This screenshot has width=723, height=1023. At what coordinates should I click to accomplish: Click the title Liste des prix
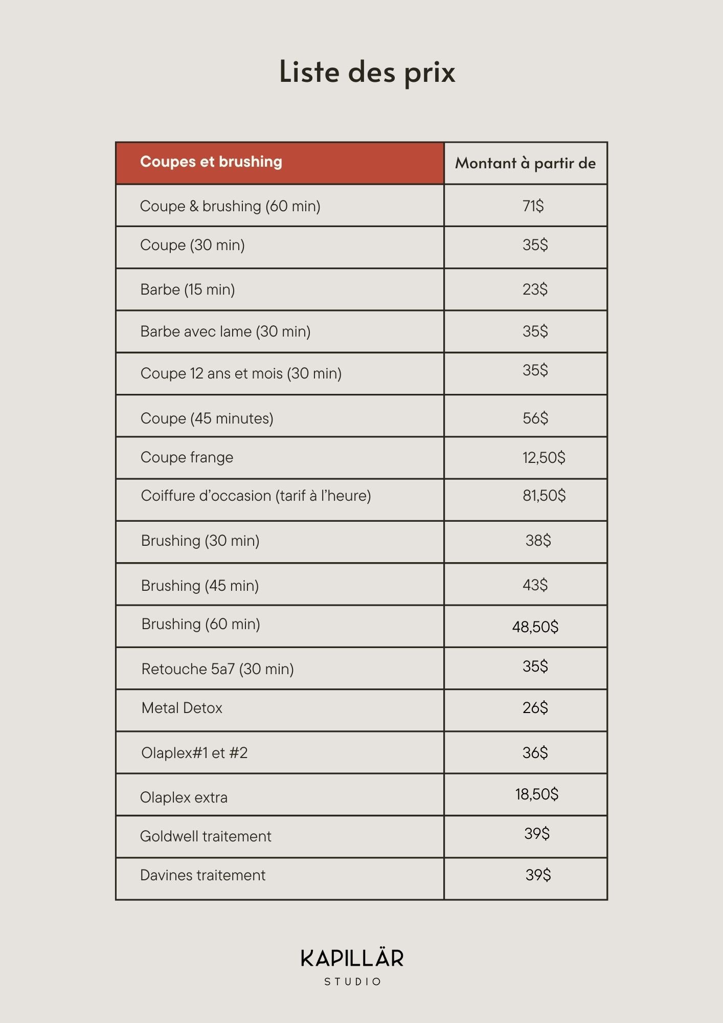(x=367, y=72)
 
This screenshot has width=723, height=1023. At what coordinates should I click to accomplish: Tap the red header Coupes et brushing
(x=211, y=162)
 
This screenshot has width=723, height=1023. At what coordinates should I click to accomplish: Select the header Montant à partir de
(x=525, y=163)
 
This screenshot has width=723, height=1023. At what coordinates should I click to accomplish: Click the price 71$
(x=533, y=206)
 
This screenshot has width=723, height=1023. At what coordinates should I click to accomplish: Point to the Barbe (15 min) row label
(x=187, y=290)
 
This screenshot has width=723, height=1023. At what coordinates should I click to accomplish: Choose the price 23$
(x=535, y=290)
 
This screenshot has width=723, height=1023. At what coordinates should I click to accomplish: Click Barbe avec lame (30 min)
(x=225, y=331)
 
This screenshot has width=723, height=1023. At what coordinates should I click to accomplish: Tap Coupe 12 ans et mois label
(x=241, y=373)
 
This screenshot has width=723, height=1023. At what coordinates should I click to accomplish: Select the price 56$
(x=535, y=418)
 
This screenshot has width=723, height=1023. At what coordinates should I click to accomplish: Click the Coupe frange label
(x=187, y=457)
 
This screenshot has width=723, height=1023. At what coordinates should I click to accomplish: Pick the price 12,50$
(x=544, y=457)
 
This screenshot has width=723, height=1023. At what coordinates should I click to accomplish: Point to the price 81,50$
(x=544, y=495)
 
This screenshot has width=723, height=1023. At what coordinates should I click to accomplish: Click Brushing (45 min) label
(x=199, y=585)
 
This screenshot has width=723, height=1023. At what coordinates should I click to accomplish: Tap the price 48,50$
(x=535, y=627)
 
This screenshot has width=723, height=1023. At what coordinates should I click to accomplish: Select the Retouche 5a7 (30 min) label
(x=217, y=669)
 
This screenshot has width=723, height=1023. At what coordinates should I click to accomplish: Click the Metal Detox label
(x=182, y=708)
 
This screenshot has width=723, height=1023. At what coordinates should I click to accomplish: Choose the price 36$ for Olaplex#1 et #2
(x=535, y=752)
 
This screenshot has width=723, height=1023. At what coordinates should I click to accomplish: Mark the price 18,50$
(x=536, y=794)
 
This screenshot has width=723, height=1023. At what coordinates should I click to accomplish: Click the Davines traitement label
(x=202, y=875)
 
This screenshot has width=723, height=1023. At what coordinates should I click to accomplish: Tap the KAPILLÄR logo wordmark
(x=352, y=959)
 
